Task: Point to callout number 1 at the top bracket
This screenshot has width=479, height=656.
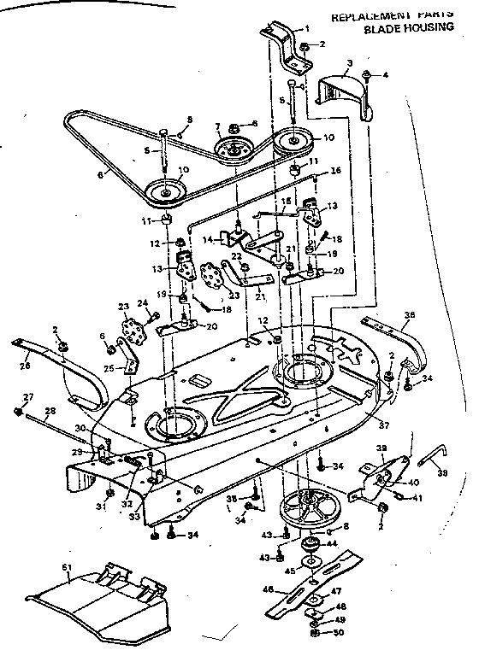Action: click(307, 28)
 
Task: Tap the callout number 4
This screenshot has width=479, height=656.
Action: click(385, 75)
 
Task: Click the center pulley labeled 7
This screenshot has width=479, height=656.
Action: click(231, 150)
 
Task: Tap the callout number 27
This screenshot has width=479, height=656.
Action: click(28, 396)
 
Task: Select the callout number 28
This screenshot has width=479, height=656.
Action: click(50, 412)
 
